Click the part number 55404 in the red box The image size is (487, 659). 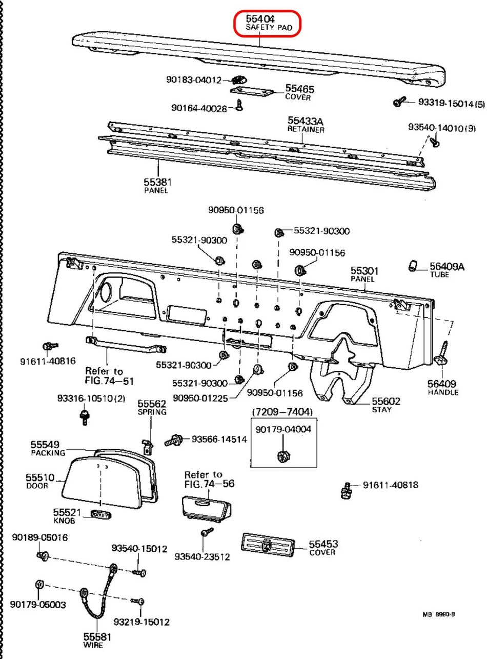coord(260,19)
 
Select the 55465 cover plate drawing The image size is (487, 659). coord(251,91)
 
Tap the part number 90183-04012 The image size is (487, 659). coord(193,79)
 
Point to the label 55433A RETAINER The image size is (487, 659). coord(306,125)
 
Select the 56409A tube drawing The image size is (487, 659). coord(411,265)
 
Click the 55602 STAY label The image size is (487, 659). coord(386,405)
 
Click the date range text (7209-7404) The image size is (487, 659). coord(281,412)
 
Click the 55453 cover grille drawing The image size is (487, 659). coord(266,545)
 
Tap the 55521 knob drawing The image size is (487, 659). coord(100,514)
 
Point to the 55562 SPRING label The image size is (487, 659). coord(152,407)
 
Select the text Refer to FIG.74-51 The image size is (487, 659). coord(104,375)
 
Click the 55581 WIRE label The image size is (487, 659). coord(94,640)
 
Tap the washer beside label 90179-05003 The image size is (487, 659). coord(38,585)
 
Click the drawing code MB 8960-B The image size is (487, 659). coord(439,614)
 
